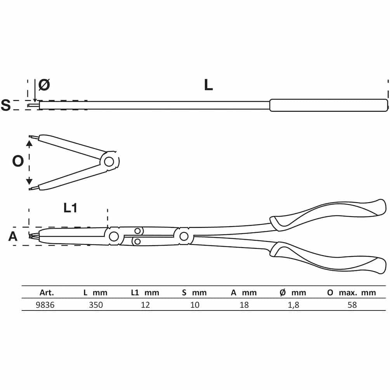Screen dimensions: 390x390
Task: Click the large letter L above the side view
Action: coord(208,85)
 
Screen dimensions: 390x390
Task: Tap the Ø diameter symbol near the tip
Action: coord(44,85)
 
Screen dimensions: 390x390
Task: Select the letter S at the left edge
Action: coord(6,105)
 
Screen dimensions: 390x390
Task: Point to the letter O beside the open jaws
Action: coord(18,161)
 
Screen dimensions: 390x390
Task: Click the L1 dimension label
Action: coord(70,208)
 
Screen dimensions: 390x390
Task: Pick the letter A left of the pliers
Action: coord(13,236)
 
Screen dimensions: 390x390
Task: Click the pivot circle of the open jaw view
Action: coord(109,162)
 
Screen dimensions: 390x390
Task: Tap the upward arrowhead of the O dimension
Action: coord(29,143)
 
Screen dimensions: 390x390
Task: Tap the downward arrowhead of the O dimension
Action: coord(29,181)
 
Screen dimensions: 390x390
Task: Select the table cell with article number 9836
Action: coord(45,305)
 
